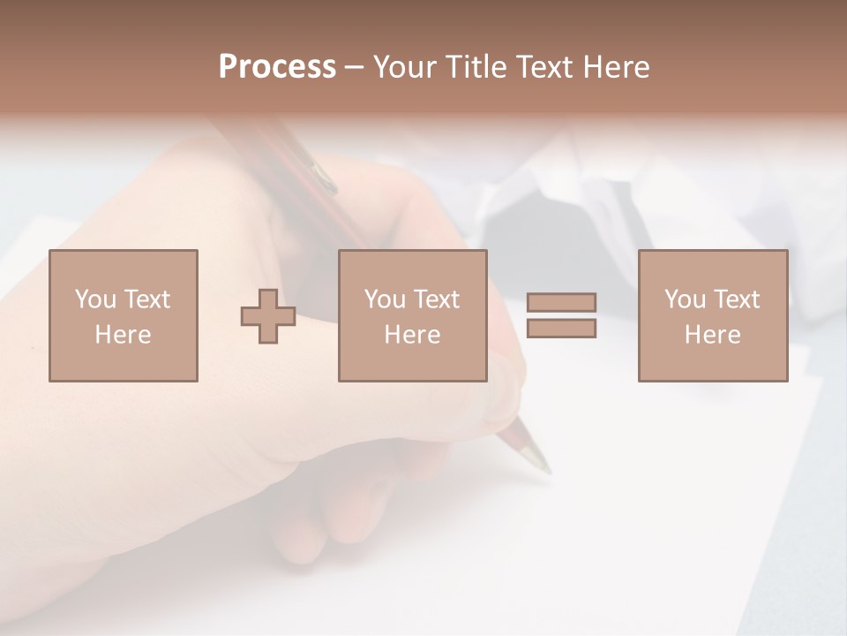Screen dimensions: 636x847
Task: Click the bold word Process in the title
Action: click(277, 67)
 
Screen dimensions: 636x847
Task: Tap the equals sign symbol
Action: click(561, 315)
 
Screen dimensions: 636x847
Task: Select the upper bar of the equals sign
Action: click(561, 303)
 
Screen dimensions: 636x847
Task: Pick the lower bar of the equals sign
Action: click(561, 328)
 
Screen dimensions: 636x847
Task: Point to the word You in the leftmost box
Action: click(95, 299)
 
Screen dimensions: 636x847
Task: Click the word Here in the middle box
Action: click(412, 335)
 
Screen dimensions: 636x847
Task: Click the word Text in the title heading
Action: click(544, 67)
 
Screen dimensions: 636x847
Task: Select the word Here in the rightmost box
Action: click(712, 335)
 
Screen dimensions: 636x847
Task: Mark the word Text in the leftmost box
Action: click(147, 299)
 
